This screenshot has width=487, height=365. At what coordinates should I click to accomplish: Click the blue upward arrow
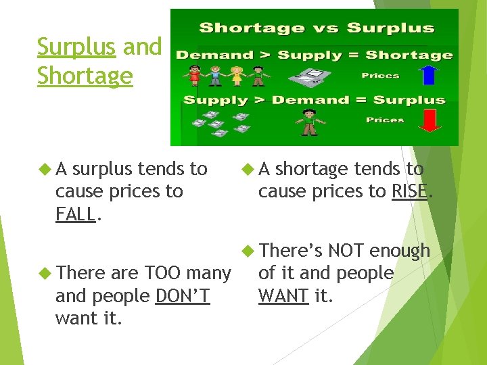(427, 75)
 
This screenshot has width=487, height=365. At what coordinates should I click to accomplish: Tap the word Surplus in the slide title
(76, 47)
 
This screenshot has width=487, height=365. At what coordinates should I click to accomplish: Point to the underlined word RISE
(409, 191)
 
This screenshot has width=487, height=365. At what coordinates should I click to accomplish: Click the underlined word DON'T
(183, 295)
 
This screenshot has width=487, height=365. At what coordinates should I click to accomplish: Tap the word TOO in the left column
(161, 272)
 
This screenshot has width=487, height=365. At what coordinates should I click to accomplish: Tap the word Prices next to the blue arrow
(380, 76)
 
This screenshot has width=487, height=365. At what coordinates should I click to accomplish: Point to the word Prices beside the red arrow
(385, 120)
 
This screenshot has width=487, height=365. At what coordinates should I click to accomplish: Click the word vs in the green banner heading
(321, 28)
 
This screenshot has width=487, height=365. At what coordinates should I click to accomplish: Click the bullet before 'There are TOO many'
(45, 272)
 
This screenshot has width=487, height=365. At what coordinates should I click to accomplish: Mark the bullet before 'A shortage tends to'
(248, 168)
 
